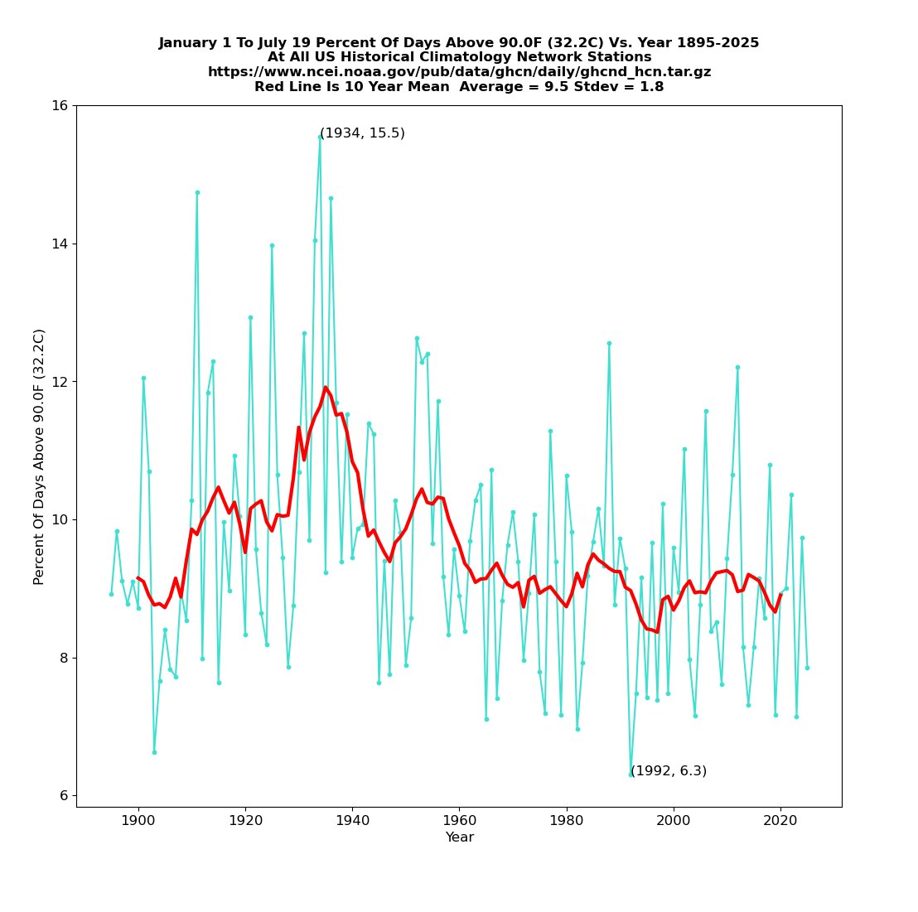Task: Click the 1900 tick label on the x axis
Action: pyautogui.click(x=138, y=820)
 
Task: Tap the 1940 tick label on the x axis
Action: pyautogui.click(x=352, y=820)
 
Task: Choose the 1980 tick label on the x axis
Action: pyautogui.click(x=567, y=820)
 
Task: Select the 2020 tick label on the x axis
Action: pyautogui.click(x=780, y=820)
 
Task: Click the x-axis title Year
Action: pyautogui.click(x=459, y=837)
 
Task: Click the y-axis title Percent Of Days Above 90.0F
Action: pyautogui.click(x=39, y=456)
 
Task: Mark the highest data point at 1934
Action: pyautogui.click(x=320, y=137)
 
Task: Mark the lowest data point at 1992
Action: pyautogui.click(x=631, y=774)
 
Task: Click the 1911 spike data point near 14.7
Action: pyautogui.click(x=197, y=192)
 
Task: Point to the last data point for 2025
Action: pyautogui.click(x=807, y=668)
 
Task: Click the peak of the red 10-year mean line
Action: pyautogui.click(x=326, y=387)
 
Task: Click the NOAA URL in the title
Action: pyautogui.click(x=459, y=72)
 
